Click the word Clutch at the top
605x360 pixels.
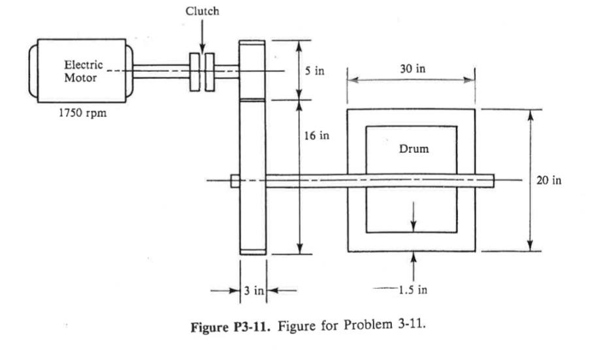pyautogui.click(x=202, y=11)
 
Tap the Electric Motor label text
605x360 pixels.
pyautogui.click(x=81, y=71)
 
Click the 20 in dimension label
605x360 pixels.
pyautogui.click(x=548, y=180)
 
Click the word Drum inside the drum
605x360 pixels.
pyautogui.click(x=414, y=148)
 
